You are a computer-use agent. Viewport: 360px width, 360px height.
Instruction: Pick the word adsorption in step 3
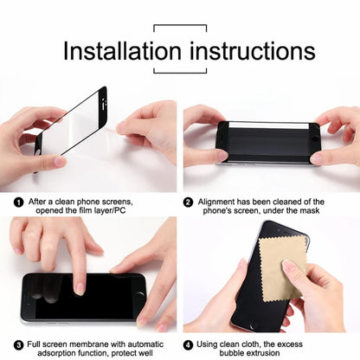tap(48, 353)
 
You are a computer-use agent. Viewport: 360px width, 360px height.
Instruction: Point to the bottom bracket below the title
tap(179, 73)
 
